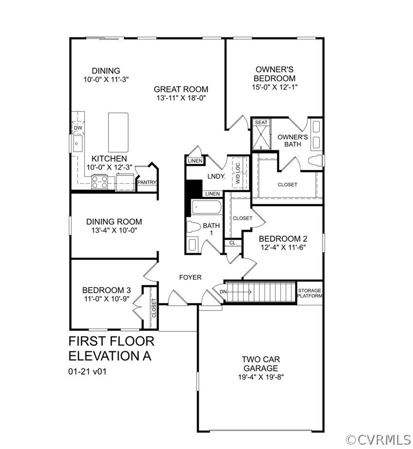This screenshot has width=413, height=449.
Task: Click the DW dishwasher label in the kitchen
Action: pyautogui.click(x=78, y=128)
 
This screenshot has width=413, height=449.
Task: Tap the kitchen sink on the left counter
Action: pyautogui.click(x=77, y=144)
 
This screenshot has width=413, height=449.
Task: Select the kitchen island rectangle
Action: pyautogui.click(x=118, y=132)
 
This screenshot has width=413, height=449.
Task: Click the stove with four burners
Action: pyautogui.click(x=100, y=182)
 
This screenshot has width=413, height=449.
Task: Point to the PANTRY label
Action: pyautogui.click(x=147, y=182)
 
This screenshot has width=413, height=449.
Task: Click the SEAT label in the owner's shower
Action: pyautogui.click(x=261, y=122)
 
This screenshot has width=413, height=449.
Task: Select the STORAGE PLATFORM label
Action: pyautogui.click(x=309, y=293)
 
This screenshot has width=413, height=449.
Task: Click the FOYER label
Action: pyautogui.click(x=190, y=277)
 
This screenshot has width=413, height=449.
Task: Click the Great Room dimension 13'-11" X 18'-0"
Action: pyautogui.click(x=181, y=98)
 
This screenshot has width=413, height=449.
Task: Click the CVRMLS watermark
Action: pyautogui.click(x=379, y=440)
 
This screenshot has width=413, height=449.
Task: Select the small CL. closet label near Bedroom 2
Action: pyautogui.click(x=233, y=242)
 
